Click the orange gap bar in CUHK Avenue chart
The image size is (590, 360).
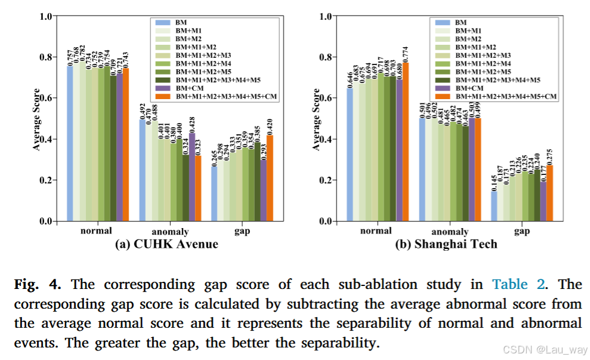click(x=270, y=178)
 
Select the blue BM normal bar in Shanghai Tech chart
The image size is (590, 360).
click(x=350, y=155)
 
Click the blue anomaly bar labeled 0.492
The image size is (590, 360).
click(x=143, y=170)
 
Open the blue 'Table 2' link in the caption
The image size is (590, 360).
click(x=518, y=284)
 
